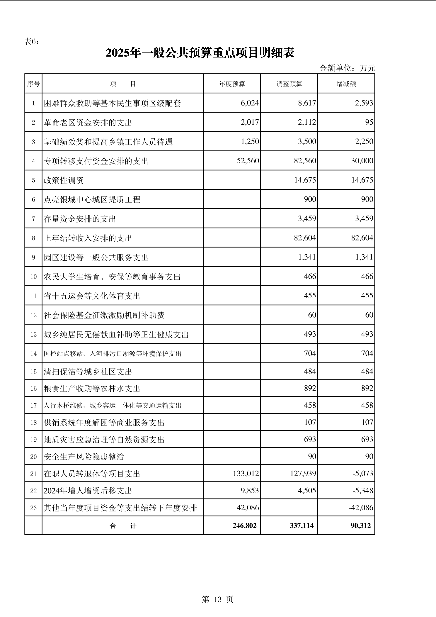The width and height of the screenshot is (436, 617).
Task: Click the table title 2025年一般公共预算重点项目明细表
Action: [x=200, y=53]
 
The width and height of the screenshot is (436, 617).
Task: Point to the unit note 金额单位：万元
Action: [x=347, y=68]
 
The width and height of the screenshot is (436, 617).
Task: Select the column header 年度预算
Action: [x=232, y=84]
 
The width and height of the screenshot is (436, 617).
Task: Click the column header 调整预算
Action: [x=289, y=84]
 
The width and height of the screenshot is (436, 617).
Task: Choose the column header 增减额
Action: [x=346, y=84]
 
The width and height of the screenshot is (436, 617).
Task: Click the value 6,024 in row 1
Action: [x=250, y=103]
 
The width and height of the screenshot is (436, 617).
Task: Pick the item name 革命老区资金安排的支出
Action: [x=88, y=122]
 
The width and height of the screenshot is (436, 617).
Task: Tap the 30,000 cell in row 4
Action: [x=362, y=161]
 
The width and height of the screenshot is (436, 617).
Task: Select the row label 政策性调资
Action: [x=64, y=180]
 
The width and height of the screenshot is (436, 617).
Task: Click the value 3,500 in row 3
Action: [x=307, y=142]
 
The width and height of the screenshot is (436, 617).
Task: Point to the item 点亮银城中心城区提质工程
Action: [x=92, y=199]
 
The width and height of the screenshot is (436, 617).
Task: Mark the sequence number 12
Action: [x=33, y=315]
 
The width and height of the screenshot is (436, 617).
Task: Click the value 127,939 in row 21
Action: [x=303, y=474]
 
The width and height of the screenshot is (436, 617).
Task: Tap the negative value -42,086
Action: [x=361, y=508]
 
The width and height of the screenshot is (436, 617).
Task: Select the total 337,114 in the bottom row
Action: [x=302, y=526]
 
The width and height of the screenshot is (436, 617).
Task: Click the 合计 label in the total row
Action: [x=123, y=526]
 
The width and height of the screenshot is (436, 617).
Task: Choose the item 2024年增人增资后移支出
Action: [x=88, y=491]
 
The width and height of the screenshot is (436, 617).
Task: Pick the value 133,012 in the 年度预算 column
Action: [x=246, y=474]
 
